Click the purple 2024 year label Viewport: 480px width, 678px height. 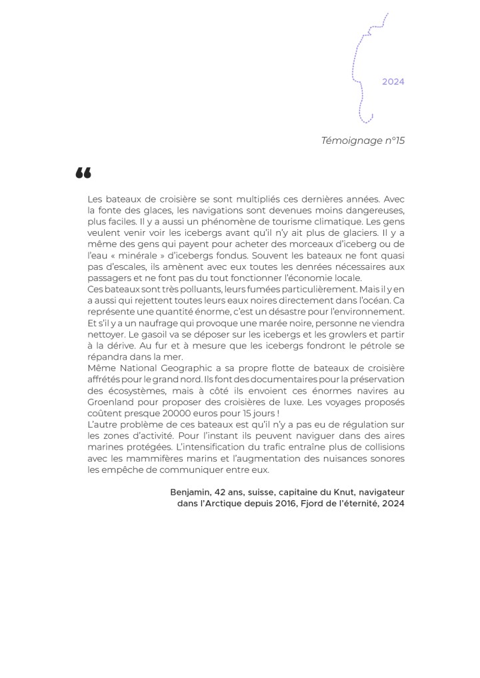click(393, 82)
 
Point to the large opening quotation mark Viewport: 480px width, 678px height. click(83, 174)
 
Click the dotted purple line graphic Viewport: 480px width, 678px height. click(362, 67)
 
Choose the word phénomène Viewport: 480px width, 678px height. click(209, 220)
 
